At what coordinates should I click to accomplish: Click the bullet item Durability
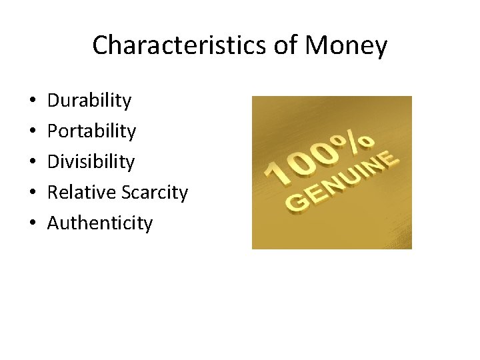tap(89, 101)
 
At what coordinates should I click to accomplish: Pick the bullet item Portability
tap(91, 131)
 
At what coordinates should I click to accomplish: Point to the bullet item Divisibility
tap(91, 162)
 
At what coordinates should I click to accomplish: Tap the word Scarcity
tap(155, 193)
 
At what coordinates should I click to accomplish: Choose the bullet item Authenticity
tap(100, 223)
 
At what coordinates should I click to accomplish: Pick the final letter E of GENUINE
tap(389, 157)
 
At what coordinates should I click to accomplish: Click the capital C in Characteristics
tap(100, 45)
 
